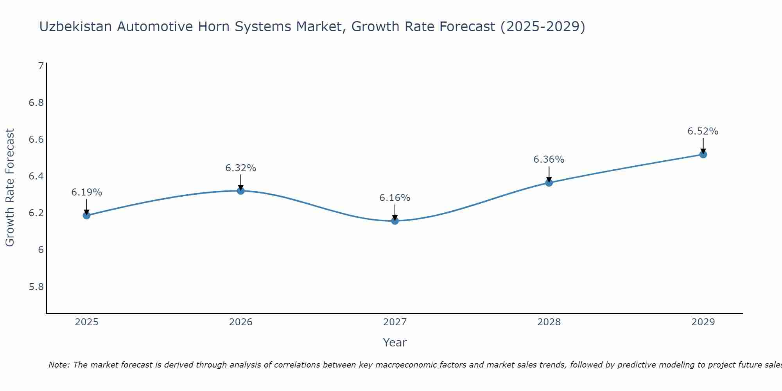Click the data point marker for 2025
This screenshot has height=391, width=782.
tap(86, 215)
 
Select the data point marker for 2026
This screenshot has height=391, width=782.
tap(241, 191)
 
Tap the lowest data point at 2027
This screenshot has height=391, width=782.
tap(395, 221)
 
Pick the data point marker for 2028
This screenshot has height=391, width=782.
tap(549, 183)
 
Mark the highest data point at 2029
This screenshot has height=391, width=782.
tap(703, 154)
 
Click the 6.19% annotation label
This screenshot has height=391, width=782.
tap(86, 192)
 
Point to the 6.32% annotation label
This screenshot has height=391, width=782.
tap(241, 168)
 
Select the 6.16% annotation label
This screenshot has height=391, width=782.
tap(395, 198)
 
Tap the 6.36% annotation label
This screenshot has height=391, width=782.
tap(549, 160)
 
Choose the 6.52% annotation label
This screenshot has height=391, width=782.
tap(703, 131)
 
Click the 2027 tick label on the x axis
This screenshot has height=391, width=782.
tap(395, 322)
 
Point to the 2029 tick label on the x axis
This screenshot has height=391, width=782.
tap(703, 322)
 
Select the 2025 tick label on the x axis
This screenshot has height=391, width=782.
tap(86, 322)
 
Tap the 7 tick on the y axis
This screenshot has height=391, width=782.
tap(41, 66)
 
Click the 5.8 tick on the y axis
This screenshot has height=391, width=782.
tap(36, 287)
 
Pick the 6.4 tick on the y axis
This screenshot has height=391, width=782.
tap(36, 176)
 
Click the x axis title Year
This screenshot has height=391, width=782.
tap(395, 343)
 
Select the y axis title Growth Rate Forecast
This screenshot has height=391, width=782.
tap(10, 188)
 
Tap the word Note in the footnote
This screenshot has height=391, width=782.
tap(58, 365)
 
